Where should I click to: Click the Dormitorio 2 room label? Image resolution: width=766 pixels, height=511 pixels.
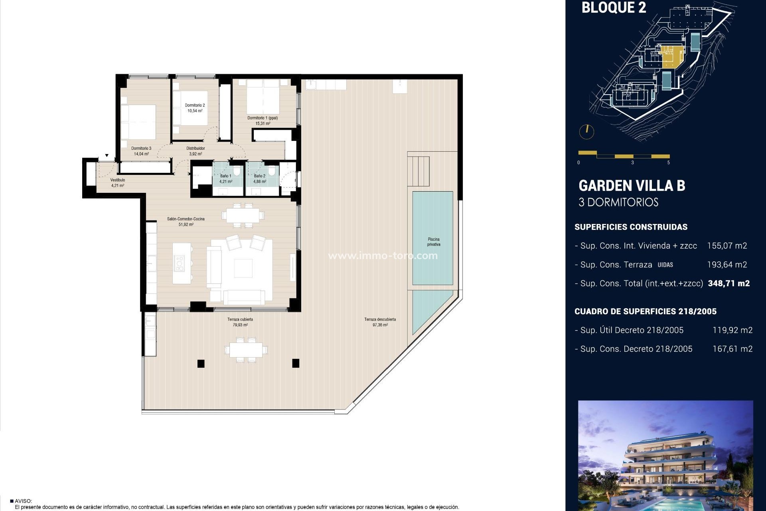[x=195, y=105]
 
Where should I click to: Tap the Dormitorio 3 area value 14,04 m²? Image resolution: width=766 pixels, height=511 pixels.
[x=141, y=154]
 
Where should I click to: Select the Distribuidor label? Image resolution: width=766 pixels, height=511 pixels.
[x=195, y=149]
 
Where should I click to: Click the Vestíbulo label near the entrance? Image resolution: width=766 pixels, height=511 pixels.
[x=118, y=180]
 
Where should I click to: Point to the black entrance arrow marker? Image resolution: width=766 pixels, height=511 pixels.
[x=107, y=156]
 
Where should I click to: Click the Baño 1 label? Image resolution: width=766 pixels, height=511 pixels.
[x=225, y=176]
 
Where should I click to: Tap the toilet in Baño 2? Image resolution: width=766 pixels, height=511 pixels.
[x=272, y=171]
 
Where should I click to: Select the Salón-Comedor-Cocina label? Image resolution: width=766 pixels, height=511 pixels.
[x=186, y=219]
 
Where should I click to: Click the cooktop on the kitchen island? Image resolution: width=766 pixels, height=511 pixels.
[x=180, y=263]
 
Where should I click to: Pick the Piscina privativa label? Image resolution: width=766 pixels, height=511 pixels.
[x=433, y=242]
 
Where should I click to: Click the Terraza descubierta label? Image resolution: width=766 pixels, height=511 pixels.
[x=380, y=319]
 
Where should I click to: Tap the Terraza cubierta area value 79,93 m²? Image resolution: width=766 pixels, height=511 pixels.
[x=240, y=325]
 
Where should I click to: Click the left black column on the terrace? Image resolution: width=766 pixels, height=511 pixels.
[x=201, y=363]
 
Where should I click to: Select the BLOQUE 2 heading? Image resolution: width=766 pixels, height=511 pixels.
[x=614, y=8]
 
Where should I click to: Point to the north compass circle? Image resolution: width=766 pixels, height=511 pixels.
[x=586, y=132]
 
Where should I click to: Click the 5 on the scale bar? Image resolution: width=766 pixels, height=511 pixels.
[x=668, y=162]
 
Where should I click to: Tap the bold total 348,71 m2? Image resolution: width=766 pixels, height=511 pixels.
[x=728, y=283]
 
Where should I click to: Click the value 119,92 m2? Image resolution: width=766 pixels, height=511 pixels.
[x=732, y=330]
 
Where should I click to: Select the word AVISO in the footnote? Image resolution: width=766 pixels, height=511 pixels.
[x=23, y=501]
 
